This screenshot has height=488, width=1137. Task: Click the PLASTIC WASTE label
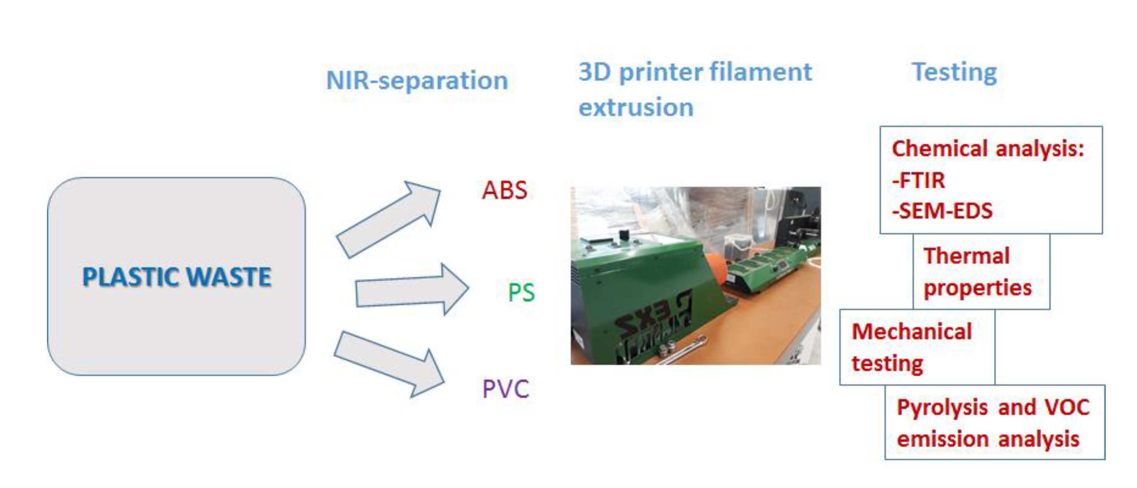coord(176,277)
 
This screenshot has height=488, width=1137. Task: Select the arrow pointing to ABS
coord(388,219)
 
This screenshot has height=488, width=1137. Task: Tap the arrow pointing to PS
coord(412,289)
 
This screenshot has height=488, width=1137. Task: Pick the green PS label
coord(521,292)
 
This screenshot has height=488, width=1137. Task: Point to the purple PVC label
coord(505,389)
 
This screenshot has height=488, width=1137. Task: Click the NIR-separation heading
coord(417,80)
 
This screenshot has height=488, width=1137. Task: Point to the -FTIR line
coord(919,180)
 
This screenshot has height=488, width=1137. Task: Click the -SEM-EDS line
coord(942,210)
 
